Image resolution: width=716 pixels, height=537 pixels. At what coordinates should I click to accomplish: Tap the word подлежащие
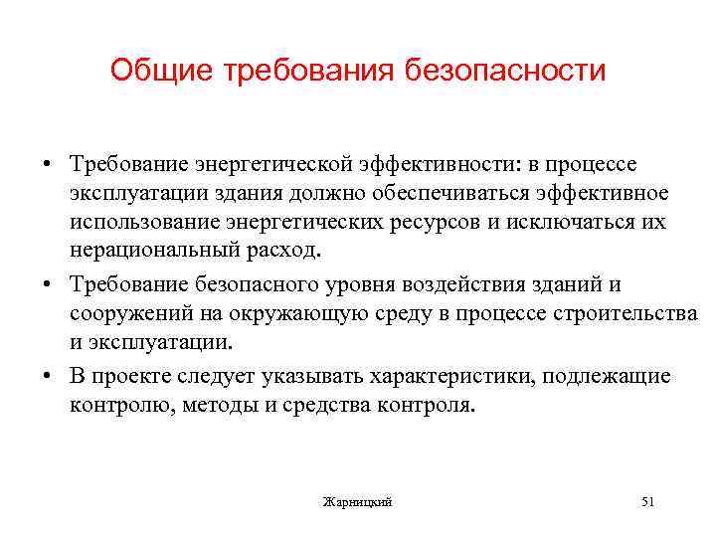point(612,378)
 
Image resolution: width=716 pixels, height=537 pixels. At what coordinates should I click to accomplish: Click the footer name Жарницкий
point(358,502)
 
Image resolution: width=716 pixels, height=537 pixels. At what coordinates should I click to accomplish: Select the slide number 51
point(648,502)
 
